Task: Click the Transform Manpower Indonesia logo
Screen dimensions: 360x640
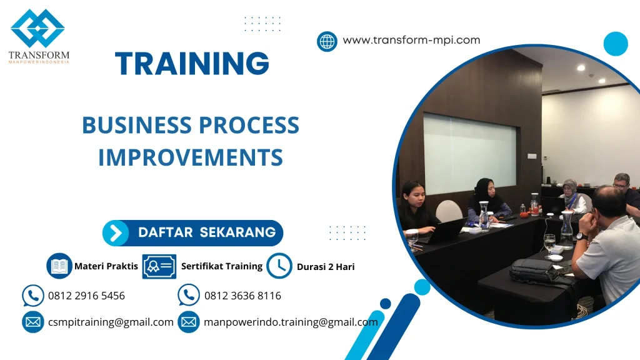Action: [39, 36]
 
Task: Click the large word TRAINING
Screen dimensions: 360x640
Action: [192, 64]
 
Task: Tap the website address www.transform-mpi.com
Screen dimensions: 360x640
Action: [411, 40]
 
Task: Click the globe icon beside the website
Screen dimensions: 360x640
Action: [327, 41]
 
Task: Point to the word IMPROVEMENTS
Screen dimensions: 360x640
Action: [191, 157]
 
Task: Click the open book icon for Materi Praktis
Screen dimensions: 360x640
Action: [59, 266]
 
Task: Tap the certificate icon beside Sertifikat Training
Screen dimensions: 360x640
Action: [159, 266]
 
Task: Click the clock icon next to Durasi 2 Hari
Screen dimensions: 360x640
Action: [279, 266]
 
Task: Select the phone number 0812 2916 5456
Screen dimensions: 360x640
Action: [86, 296]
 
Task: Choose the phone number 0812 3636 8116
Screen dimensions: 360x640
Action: [242, 296]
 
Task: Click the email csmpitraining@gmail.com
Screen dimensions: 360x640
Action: [111, 322]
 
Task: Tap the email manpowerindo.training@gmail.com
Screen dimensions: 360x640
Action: [291, 322]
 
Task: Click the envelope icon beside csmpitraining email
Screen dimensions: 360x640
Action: [32, 322]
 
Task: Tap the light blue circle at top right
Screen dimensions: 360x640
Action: [616, 44]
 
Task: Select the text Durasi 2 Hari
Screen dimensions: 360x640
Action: [326, 267]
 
